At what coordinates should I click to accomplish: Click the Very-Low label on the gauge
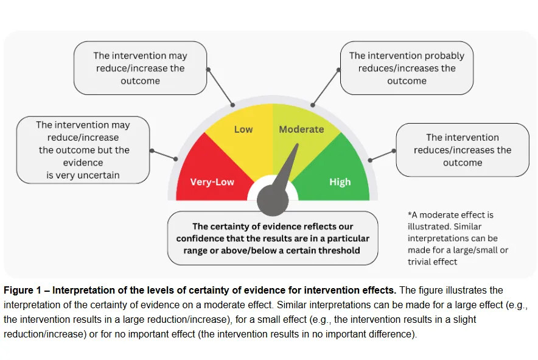(212, 182)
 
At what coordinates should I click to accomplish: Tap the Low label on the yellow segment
(243, 129)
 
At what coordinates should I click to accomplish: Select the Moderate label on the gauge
(301, 129)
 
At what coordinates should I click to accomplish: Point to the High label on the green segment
(340, 182)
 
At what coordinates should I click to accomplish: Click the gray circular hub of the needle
(272, 197)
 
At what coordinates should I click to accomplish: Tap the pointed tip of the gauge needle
(298, 145)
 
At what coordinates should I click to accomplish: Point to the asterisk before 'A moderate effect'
(410, 215)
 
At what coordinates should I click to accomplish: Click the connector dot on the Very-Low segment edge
(176, 159)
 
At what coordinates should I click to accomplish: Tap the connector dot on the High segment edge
(369, 160)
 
